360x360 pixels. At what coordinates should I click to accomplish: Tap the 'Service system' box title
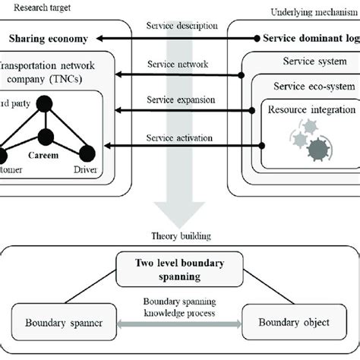point(310,62)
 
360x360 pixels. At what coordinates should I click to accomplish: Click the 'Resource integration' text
point(311,110)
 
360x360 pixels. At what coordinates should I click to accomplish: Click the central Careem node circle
point(46,137)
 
